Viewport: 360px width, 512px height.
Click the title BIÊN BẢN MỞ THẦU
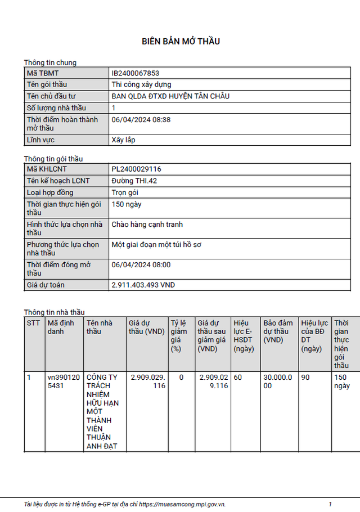(x=180, y=41)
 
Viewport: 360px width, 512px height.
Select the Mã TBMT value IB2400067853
(x=136, y=73)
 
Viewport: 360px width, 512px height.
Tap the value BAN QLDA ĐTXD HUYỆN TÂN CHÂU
(x=170, y=96)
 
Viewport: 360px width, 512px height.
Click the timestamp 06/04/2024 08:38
(x=141, y=120)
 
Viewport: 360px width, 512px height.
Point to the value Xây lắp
(x=123, y=140)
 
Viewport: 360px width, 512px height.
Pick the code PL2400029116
(x=136, y=169)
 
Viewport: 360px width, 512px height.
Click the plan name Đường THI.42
(x=134, y=181)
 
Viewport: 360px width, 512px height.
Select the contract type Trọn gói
(x=125, y=192)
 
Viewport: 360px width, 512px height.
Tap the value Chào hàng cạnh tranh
(x=147, y=224)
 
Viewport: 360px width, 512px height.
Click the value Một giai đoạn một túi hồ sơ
(x=156, y=245)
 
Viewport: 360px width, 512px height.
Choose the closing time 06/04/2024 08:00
(x=141, y=265)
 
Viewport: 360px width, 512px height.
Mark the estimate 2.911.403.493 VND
(x=143, y=285)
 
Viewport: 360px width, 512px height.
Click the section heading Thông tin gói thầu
(x=53, y=159)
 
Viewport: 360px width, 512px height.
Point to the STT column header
(x=33, y=323)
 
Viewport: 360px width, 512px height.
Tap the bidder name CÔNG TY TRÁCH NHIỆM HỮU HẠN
(x=102, y=412)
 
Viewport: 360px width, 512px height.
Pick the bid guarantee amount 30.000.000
(x=278, y=381)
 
